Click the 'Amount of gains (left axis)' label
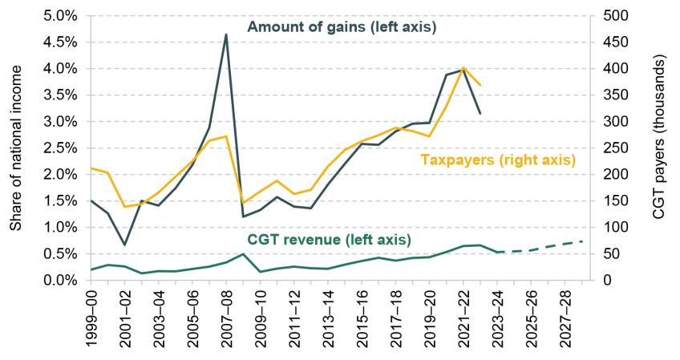pyautogui.click(x=341, y=27)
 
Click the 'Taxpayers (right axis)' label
pyautogui.click(x=498, y=160)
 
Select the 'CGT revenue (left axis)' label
pyautogui.click(x=329, y=240)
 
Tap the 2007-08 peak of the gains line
pyautogui.click(x=225, y=34)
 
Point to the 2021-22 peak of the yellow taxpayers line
pyautogui.click(x=463, y=68)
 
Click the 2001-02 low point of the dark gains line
pyautogui.click(x=125, y=245)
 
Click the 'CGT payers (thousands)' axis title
pyautogui.click(x=659, y=148)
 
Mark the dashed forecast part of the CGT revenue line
pyautogui.click(x=545, y=245)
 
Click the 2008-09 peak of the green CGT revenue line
pyautogui.click(x=242, y=254)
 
